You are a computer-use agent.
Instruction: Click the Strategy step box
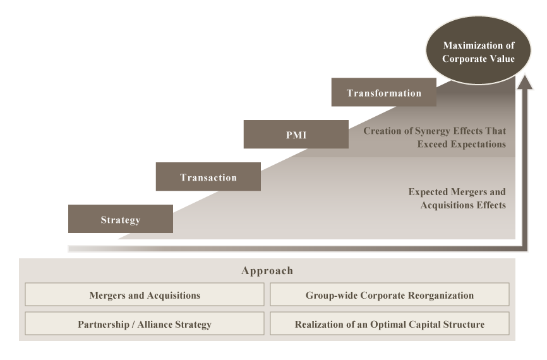pos(120,219)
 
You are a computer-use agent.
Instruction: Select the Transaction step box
pos(208,177)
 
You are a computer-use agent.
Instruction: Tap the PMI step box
pos(296,135)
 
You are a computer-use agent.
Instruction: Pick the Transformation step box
pos(383,93)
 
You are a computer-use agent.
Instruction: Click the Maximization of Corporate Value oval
pos(478,52)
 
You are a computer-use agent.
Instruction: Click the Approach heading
pos(267,270)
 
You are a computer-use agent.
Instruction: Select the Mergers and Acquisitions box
pos(145,295)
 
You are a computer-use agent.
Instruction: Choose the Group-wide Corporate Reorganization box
pos(389,295)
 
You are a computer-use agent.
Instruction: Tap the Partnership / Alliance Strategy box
pos(145,324)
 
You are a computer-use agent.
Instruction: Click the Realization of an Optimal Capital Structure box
pos(389,324)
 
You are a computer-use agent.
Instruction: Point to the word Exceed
pos(433,144)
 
